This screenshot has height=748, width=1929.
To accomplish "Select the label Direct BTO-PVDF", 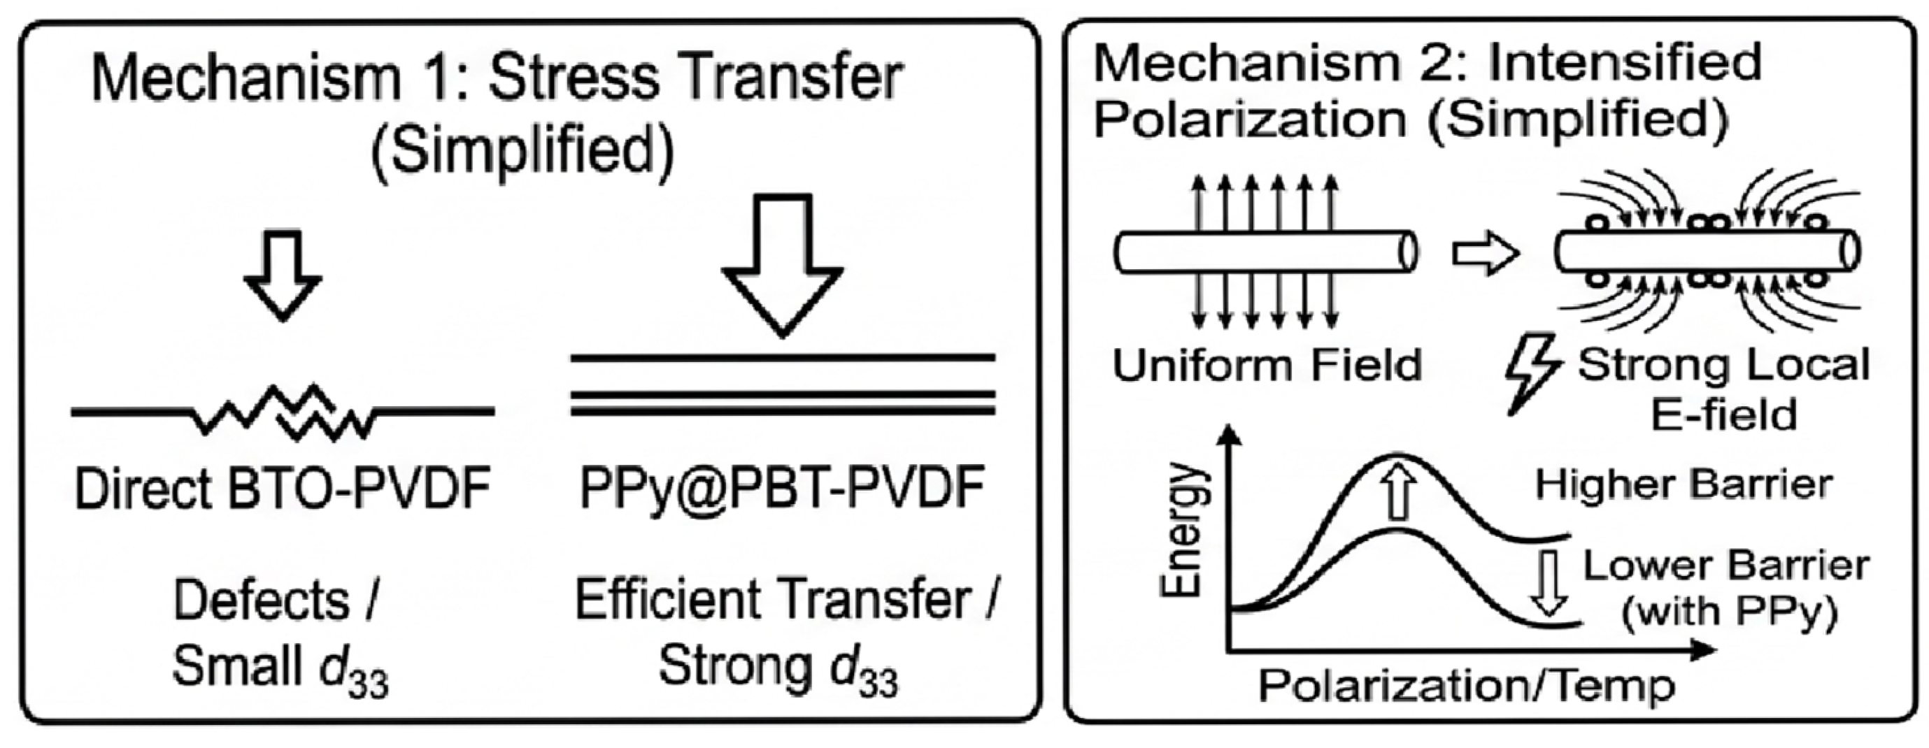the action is tap(283, 488).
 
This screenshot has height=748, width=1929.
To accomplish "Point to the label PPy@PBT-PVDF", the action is tap(782, 488).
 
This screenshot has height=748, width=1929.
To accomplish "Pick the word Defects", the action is tap(262, 600).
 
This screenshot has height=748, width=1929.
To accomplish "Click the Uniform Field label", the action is tap(1267, 366).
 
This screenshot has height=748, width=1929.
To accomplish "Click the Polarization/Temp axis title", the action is tap(1466, 686).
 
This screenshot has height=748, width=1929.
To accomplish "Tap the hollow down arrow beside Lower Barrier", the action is tap(1549, 583).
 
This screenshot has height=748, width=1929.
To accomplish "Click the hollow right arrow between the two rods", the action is tap(1485, 254).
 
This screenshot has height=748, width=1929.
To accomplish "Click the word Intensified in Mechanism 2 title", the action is tap(1624, 62).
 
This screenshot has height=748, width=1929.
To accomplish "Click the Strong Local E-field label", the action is tap(1724, 389).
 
